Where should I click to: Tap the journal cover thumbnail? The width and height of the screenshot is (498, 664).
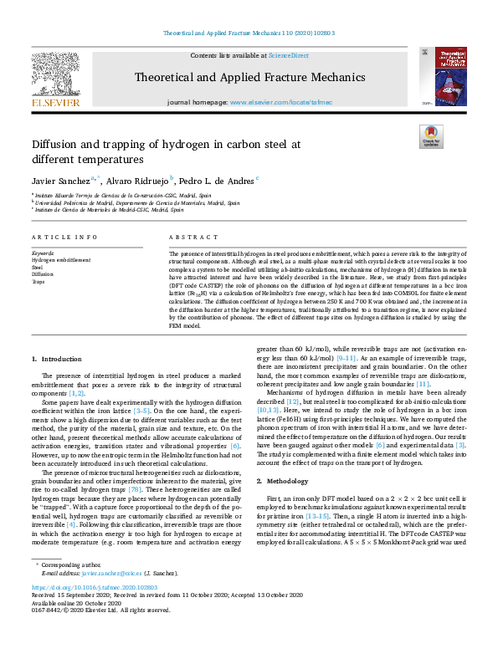[x=441, y=76]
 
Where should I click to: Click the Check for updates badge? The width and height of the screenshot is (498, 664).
[x=431, y=136]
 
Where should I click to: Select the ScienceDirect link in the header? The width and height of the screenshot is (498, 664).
[x=288, y=55]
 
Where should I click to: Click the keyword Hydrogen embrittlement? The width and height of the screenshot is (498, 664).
[x=62, y=260]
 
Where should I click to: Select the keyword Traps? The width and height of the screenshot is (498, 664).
[x=39, y=282]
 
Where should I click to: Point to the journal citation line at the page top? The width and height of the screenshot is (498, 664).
[x=249, y=33]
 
